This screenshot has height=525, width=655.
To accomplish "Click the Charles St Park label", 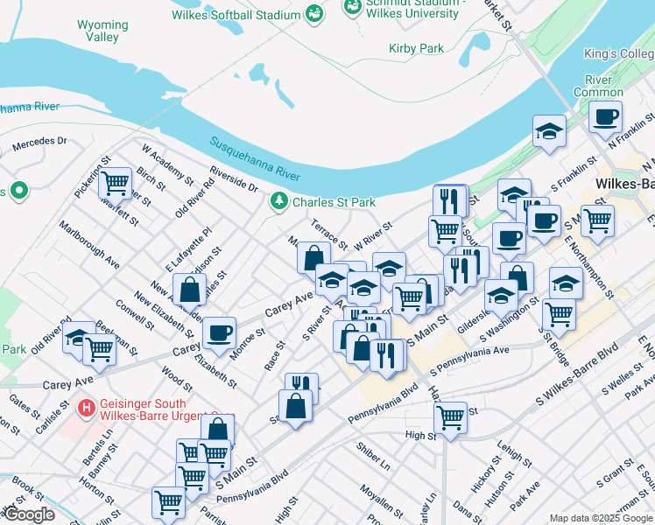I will tap(334, 202).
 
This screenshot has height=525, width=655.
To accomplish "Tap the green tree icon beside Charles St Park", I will tap(279, 202).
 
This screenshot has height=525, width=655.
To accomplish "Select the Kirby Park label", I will tap(416, 49).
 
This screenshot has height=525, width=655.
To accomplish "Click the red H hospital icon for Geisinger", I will tap(86, 408).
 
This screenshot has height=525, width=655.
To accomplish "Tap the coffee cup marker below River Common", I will tap(605, 116).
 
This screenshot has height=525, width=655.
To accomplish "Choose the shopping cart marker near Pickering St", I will tap(115, 184).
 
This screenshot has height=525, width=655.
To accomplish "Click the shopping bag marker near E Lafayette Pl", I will tap(189, 290).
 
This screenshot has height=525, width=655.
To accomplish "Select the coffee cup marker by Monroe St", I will tap(219, 332).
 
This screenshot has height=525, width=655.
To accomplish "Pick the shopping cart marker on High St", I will tap(450, 417).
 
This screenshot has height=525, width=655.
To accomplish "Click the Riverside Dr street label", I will tap(234, 179).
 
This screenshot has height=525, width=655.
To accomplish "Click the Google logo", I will tap(30, 514).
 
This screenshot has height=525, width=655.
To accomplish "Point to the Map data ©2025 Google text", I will tap(600, 518).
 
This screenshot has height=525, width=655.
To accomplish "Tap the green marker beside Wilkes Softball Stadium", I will tap(313, 14).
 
